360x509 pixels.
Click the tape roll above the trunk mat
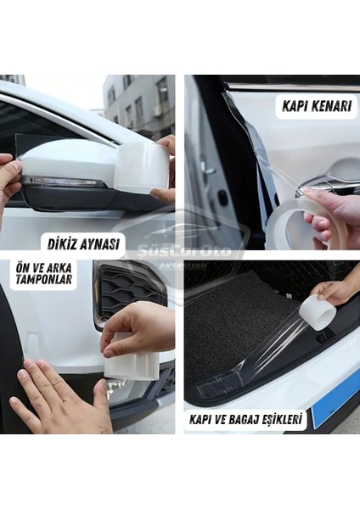tap(319, 311)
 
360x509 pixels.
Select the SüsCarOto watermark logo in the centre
tap(180, 251)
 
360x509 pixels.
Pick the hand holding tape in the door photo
tap(331, 212)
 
